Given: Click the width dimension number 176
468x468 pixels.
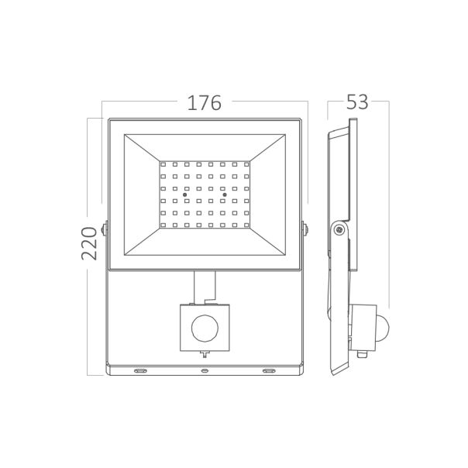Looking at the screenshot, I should (x=205, y=102).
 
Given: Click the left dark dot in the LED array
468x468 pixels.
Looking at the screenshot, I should (x=184, y=194).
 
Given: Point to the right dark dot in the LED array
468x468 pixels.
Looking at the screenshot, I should (x=225, y=194).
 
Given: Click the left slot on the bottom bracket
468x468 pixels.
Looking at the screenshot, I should (x=139, y=371).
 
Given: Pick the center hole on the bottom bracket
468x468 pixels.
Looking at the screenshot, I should (x=205, y=371).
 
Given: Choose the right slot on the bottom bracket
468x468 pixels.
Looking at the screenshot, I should (x=269, y=371).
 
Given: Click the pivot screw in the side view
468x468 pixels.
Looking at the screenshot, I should (x=337, y=229).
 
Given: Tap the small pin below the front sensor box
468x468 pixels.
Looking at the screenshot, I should (x=205, y=355).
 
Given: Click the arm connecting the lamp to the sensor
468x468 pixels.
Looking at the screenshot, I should (x=205, y=288).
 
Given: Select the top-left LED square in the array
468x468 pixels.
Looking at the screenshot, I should (x=164, y=164).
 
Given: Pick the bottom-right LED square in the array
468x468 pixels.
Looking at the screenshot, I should (x=246, y=225).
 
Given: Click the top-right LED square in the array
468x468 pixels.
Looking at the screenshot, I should (x=246, y=164).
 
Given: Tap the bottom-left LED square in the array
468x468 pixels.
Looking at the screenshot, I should (x=164, y=225).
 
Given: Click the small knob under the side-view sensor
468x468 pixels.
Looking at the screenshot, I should (x=361, y=354).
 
